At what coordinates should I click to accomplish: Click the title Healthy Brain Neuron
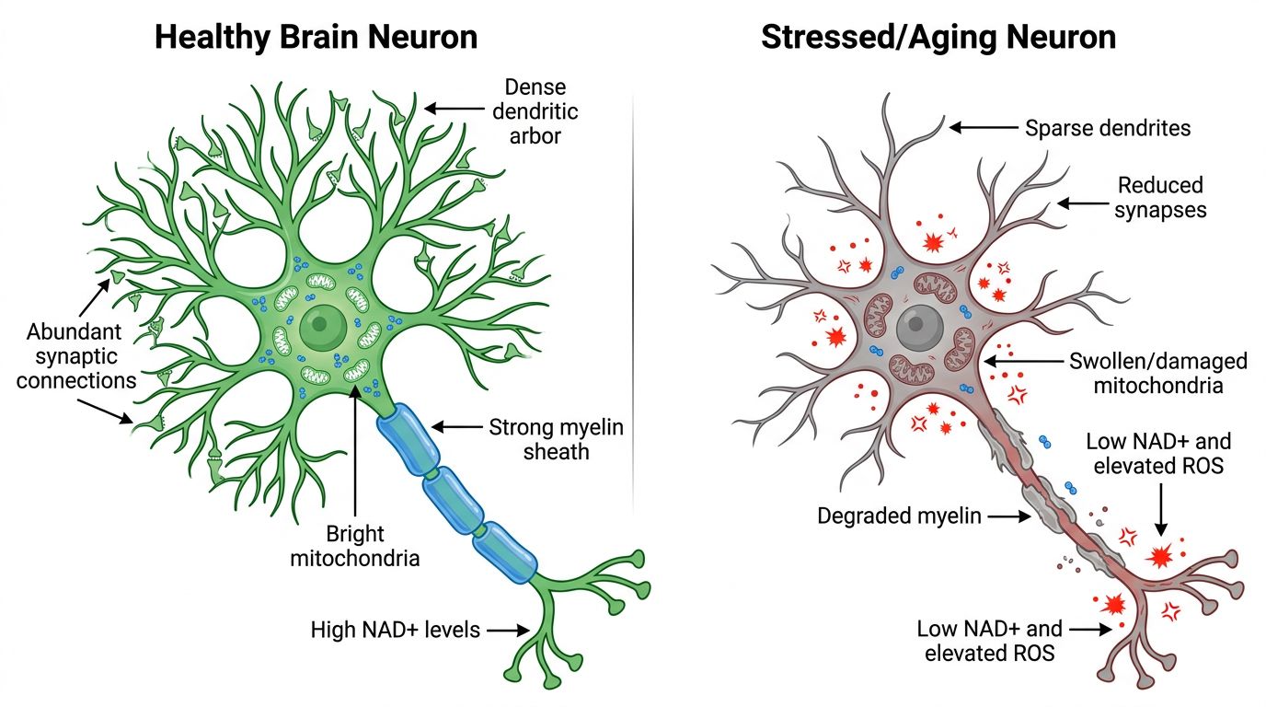(x=316, y=37)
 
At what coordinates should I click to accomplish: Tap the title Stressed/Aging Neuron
(x=938, y=37)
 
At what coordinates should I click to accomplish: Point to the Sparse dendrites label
(x=1108, y=128)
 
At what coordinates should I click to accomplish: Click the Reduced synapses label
(x=1160, y=198)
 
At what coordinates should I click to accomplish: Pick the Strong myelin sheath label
(x=556, y=439)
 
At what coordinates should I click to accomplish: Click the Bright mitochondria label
(x=355, y=546)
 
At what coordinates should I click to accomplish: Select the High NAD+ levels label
(x=396, y=631)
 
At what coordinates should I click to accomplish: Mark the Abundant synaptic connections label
(x=76, y=355)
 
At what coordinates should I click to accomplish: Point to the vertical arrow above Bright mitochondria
(x=355, y=451)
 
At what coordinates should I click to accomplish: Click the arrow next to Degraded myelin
(x=1010, y=517)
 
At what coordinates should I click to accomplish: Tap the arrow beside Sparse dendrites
(x=983, y=128)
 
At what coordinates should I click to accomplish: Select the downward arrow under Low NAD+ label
(x=1160, y=512)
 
